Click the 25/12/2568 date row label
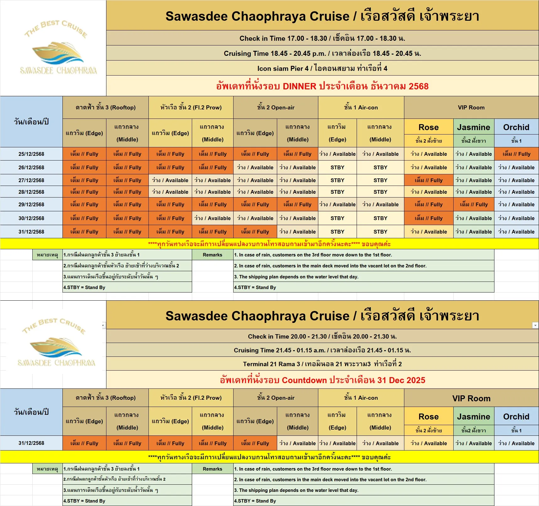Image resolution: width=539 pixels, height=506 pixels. tap(31, 154)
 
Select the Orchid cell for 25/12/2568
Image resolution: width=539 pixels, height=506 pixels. tap(516, 154)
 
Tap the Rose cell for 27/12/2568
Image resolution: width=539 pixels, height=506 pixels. tap(429, 180)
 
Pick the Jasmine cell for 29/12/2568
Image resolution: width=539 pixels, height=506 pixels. tap(473, 204)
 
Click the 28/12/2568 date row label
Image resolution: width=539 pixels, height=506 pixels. tap(31, 192)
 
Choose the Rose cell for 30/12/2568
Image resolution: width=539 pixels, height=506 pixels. tap(429, 218)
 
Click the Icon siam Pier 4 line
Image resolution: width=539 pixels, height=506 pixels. tap(322, 68)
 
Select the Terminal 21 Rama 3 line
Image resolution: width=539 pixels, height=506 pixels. tap(322, 364)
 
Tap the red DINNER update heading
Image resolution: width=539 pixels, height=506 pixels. tap(322, 86)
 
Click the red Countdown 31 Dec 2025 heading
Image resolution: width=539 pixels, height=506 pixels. tap(322, 380)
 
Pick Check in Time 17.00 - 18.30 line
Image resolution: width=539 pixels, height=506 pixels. tap(322, 38)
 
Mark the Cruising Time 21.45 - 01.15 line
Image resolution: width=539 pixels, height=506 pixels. tap(322, 350)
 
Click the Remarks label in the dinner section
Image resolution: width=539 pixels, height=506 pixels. tap(213, 255)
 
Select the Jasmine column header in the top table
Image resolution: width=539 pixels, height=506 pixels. tap(473, 127)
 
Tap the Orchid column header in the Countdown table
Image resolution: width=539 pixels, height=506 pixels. tap(516, 417)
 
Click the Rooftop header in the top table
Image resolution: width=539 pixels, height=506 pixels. tap(105, 108)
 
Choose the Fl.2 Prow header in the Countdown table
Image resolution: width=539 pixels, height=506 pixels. tap(191, 398)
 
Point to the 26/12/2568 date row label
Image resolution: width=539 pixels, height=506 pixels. tap(31, 167)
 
